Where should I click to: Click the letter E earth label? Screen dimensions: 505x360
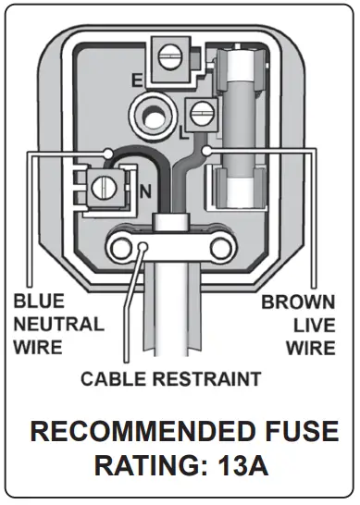point(136,81)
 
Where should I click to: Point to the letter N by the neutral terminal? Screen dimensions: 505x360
point(145,191)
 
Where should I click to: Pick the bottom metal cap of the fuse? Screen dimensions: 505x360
point(248,194)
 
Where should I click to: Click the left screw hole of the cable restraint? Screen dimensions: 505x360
point(119,246)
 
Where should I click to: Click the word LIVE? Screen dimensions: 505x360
point(312,326)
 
